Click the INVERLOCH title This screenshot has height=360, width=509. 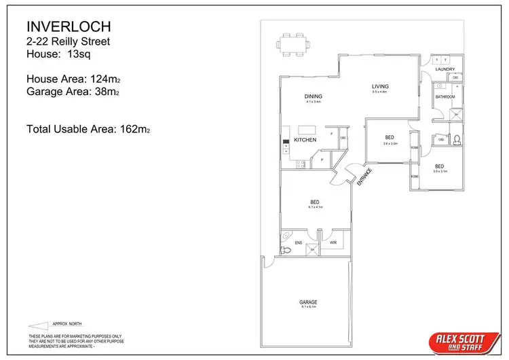(69, 27)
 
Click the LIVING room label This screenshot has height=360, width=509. (379, 86)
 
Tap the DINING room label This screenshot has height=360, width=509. (313, 97)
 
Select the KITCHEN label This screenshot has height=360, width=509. (305, 140)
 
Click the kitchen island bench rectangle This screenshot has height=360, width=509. (308, 129)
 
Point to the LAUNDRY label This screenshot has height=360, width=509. (445, 69)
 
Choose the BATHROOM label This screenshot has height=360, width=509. (445, 97)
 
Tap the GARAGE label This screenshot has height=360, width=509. (309, 302)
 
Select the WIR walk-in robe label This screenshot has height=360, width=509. (333, 242)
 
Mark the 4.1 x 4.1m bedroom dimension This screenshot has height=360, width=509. (315, 207)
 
